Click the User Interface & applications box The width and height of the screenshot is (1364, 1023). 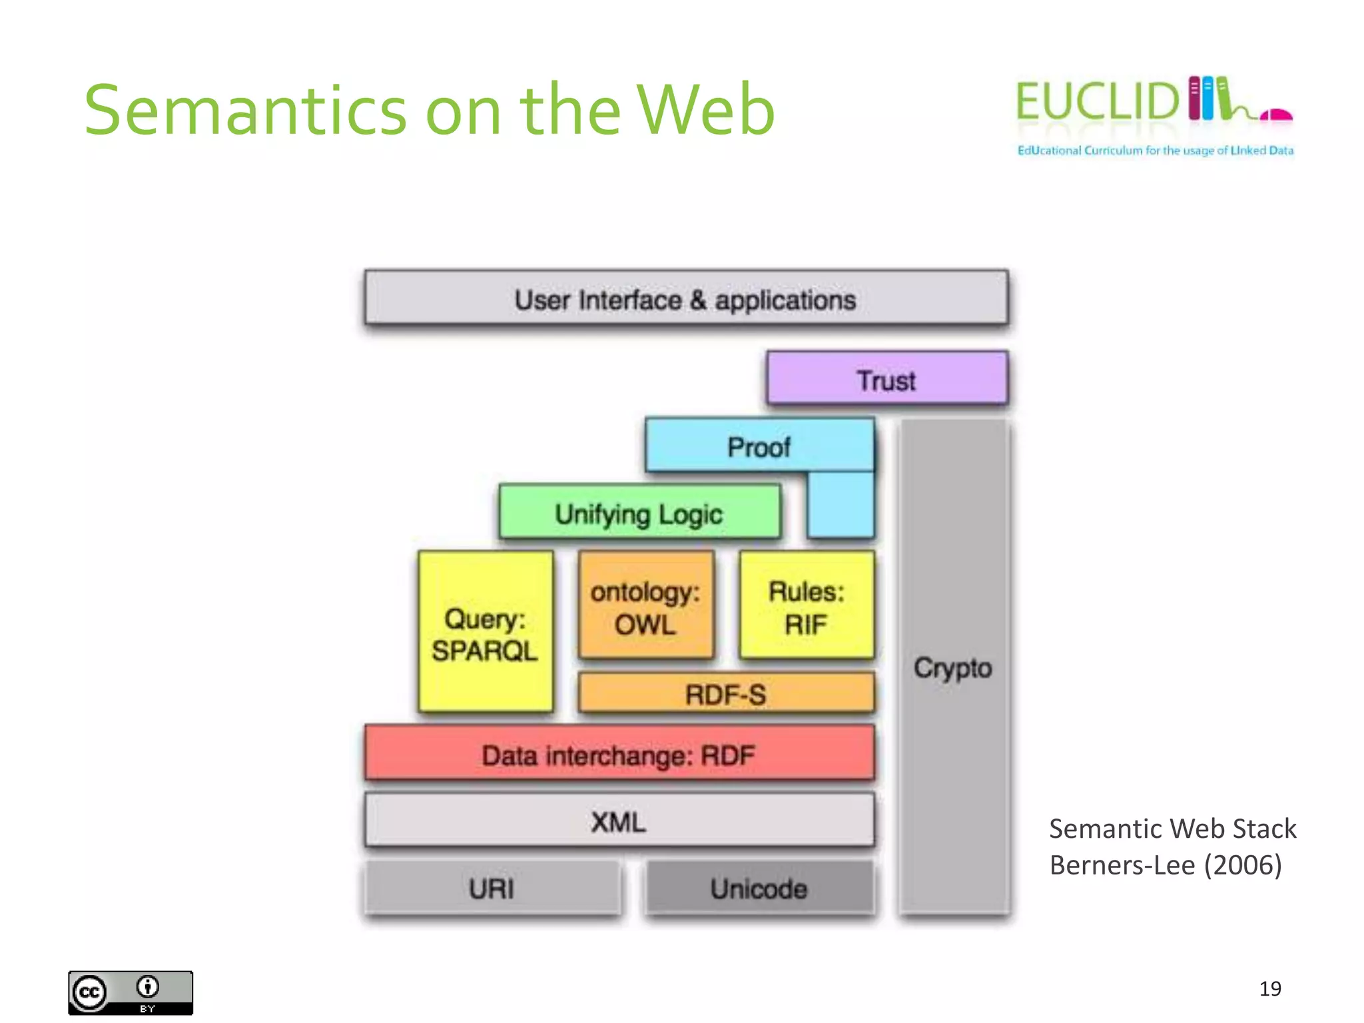686,298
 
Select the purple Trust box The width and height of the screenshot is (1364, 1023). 886,378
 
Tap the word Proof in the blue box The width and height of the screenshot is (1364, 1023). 759,447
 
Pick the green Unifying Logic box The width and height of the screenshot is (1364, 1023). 639,513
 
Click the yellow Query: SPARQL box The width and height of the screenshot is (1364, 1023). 486,632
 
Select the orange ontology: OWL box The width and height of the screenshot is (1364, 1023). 645,606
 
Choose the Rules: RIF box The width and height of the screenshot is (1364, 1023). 807,606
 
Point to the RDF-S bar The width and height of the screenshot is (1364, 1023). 726,693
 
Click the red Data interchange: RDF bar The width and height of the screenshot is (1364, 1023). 619,754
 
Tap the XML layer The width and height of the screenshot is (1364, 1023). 619,821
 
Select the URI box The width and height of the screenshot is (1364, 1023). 492,888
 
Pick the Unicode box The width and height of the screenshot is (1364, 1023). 759,888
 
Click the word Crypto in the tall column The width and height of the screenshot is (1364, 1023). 953,667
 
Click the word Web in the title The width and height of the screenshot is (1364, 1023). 705,110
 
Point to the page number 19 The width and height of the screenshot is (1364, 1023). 1269,988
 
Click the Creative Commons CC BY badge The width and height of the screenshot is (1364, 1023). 131,992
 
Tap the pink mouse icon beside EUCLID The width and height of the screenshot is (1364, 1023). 1276,115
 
